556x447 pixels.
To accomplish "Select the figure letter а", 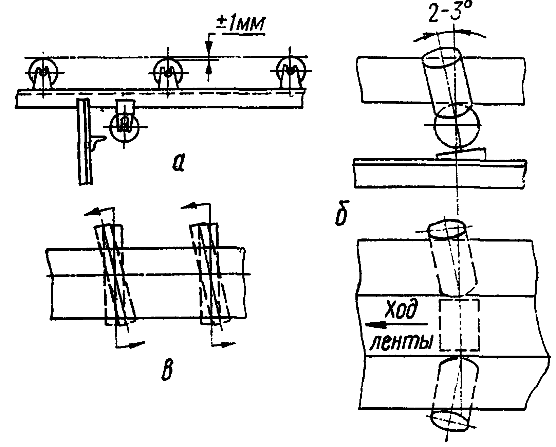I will pos(178,162).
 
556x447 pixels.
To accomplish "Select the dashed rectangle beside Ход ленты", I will pos(459,325).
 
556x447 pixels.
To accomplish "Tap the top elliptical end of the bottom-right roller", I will pos(447,231).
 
